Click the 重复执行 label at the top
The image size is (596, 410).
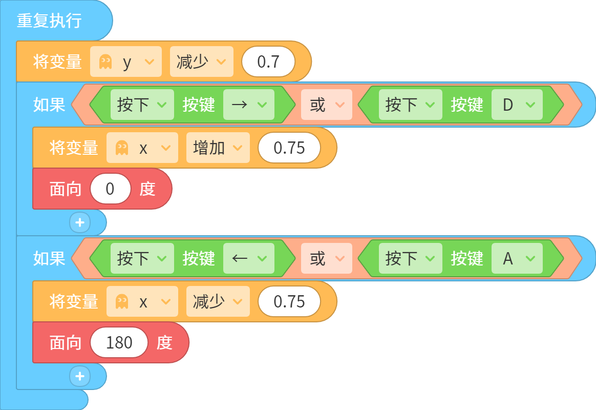[x=49, y=20]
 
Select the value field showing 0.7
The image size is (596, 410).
[x=268, y=61]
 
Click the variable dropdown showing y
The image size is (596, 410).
[x=126, y=61]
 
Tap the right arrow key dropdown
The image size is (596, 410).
[x=248, y=105]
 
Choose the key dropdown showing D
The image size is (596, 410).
[x=517, y=105]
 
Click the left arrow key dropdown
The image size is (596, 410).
[x=248, y=259]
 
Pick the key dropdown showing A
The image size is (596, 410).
[x=517, y=259]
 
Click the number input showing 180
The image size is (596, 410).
[x=119, y=343]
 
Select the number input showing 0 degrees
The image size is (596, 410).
[x=110, y=189]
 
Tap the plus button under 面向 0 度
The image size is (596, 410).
[x=80, y=222]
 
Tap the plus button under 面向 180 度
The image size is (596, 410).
[x=80, y=377]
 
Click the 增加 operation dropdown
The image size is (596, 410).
[x=218, y=148]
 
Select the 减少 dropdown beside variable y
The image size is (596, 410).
[x=201, y=61]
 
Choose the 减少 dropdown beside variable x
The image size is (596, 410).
[x=218, y=301]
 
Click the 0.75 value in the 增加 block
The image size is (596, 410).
[x=289, y=148]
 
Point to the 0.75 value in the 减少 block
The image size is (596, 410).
[x=289, y=301]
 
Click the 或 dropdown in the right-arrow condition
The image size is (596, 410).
[x=327, y=105]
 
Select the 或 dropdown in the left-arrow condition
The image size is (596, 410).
[x=327, y=259]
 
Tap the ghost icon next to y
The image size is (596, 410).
[x=105, y=61]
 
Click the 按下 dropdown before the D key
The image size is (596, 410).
[x=411, y=105]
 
